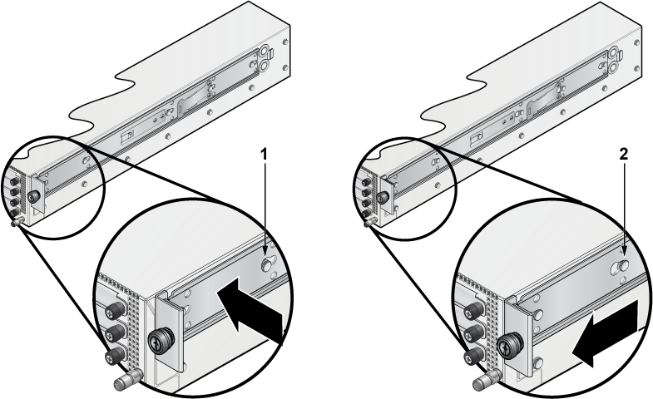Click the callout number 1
pos(263,155)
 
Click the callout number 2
pos(623,155)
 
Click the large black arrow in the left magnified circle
pos(250,312)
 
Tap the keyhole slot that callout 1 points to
pos(267,264)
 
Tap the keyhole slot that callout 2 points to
pos(620,268)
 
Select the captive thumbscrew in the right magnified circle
pos(510,345)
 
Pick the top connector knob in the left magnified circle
pos(116,308)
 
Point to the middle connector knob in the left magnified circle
pos(116,332)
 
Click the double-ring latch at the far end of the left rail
pos(265,58)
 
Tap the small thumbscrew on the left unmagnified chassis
pos(32,197)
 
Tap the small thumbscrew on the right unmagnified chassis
pos(381,197)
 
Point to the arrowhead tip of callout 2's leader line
pos(623,254)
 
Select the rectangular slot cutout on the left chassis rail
pos(127,137)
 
